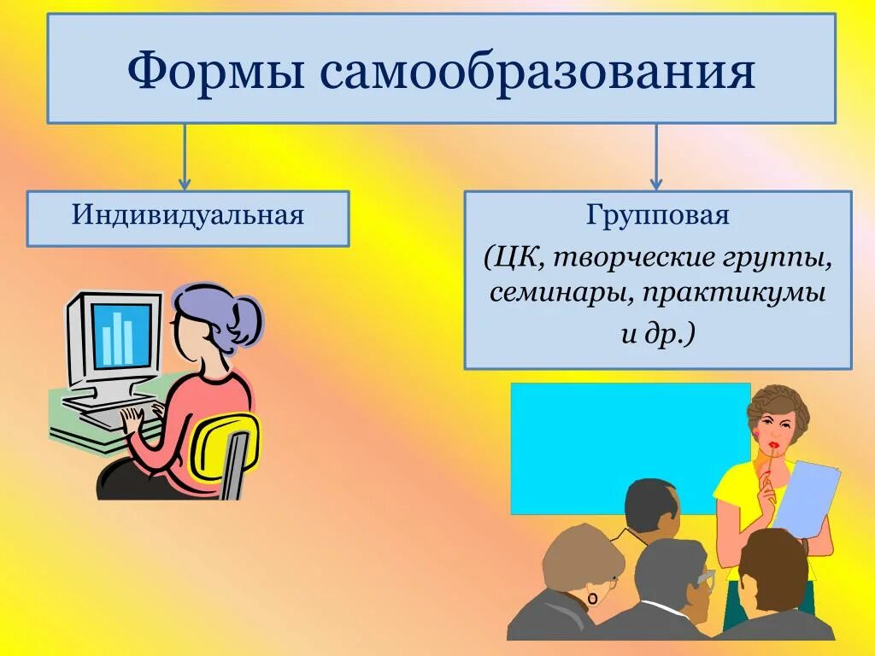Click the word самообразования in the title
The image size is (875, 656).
(538, 72)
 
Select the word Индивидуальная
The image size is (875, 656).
(188, 214)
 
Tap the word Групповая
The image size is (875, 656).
(657, 215)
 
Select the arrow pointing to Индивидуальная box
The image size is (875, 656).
(185, 157)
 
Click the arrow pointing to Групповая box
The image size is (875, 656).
(656, 157)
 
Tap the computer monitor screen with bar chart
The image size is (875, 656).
(123, 334)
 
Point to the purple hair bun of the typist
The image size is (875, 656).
(247, 319)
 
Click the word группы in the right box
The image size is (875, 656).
(790, 255)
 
